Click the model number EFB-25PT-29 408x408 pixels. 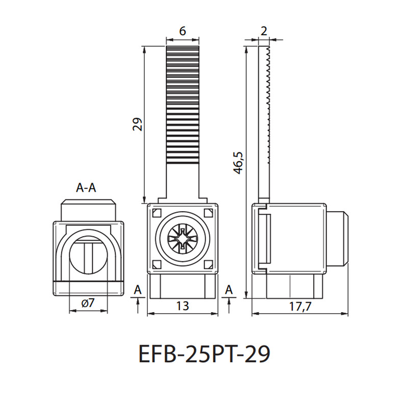[x=204, y=353]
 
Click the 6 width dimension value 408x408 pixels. [x=183, y=31]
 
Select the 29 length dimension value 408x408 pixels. [x=138, y=124]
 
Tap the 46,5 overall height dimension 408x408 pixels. [x=238, y=162]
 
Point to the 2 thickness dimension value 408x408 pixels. [x=264, y=31]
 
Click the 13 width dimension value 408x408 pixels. [x=183, y=305]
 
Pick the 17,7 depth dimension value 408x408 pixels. [x=300, y=307]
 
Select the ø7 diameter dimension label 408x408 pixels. [x=88, y=303]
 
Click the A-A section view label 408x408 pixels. [x=86, y=187]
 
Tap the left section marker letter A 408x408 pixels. [x=138, y=290]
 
